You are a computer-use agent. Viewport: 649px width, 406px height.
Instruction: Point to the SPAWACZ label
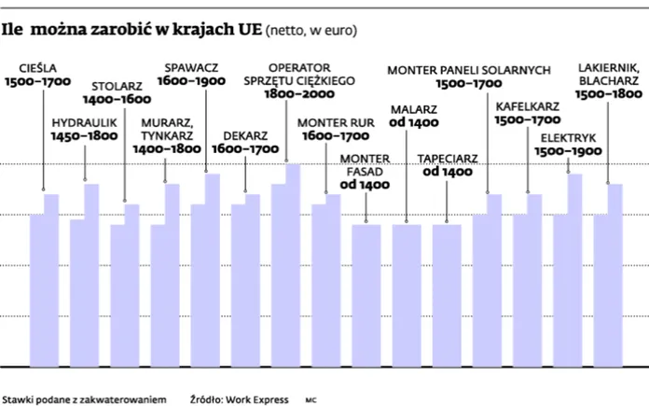(191, 67)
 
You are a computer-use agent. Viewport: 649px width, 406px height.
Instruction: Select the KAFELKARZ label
(528, 105)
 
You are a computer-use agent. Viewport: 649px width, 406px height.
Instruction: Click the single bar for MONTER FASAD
(366, 294)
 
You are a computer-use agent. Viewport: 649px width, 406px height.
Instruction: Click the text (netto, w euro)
(311, 30)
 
